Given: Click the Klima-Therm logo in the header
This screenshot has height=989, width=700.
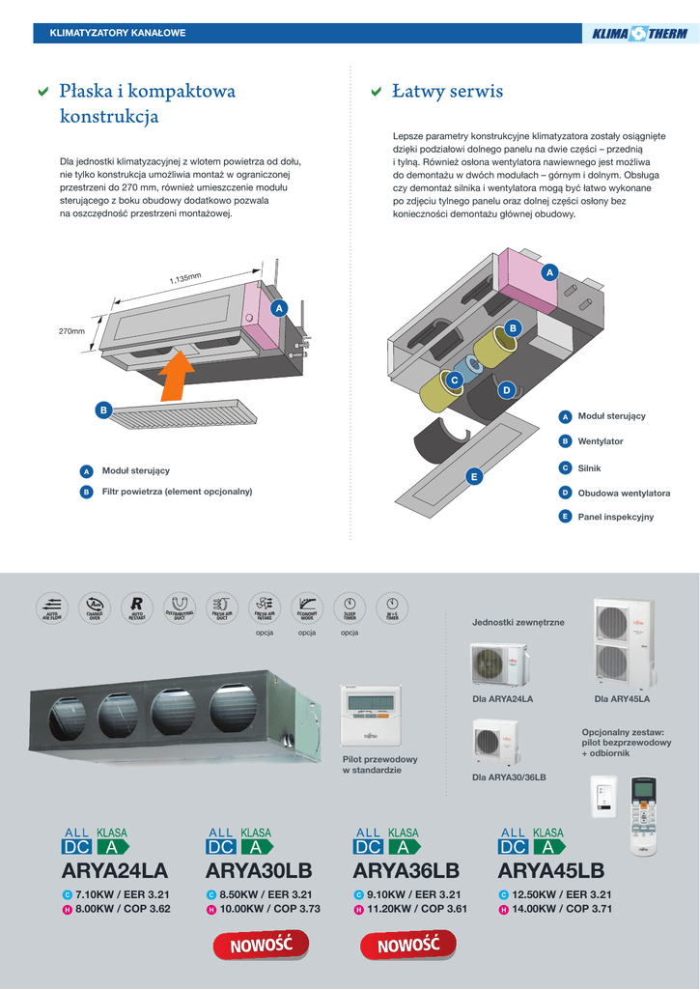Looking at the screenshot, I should pos(640,34).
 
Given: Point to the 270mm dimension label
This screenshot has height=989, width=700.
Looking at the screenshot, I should pos(72,331).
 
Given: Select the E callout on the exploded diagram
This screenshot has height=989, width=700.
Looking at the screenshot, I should pos(474,476).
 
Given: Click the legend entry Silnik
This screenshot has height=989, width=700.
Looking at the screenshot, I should pos(589,467).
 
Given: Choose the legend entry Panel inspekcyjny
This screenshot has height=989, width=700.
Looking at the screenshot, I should pos(615,517).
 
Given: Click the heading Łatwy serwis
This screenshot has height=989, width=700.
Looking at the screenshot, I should pos(447,92).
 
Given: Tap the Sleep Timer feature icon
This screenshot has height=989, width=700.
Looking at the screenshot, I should pos(350,608).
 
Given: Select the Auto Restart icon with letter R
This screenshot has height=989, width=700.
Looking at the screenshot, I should pos(137,608).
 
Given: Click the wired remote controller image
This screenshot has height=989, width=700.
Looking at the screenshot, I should pos(371,716).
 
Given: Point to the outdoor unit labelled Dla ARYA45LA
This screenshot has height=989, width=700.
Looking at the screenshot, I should pos(623,642).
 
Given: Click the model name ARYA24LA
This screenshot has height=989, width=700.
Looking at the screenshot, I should pos(114,871).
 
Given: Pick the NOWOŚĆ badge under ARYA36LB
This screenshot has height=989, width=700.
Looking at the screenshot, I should pos(407,945).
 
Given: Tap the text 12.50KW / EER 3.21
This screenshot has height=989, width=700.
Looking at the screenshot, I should pos(562,894).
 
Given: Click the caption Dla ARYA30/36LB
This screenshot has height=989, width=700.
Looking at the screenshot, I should pos(509,777).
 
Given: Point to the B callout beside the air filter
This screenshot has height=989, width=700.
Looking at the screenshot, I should pos(103,410).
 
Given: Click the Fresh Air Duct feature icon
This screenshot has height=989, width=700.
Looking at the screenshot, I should pos(222,608).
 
